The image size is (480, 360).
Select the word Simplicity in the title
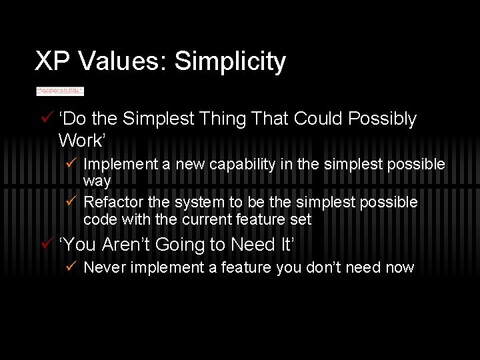coord(230,61)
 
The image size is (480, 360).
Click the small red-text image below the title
coord(60,91)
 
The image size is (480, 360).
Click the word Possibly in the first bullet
coord(384,119)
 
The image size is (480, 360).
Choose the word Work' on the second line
coord(81,141)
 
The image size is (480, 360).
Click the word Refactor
coord(111,202)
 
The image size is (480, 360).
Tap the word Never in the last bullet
coord(103,268)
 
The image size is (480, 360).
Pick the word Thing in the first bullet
coord(223,119)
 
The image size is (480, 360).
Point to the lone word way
coord(97,181)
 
